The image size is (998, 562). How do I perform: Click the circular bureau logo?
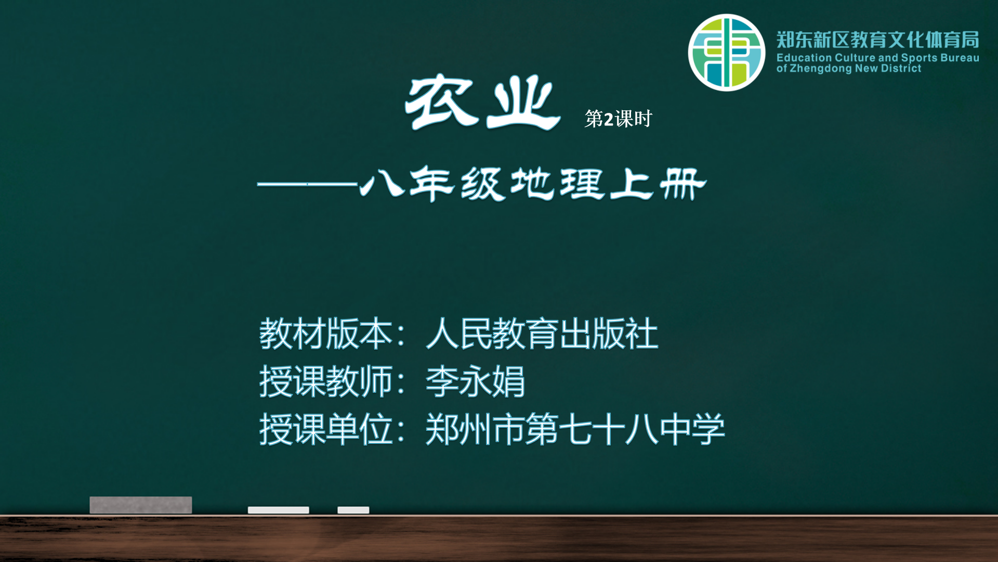click(726, 53)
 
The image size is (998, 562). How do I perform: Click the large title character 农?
click(441, 101)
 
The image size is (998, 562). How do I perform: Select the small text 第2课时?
click(618, 119)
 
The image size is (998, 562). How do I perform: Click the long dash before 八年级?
click(308, 184)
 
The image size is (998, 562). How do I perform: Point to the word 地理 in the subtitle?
click(557, 184)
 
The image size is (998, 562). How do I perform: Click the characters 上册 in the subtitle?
click(658, 184)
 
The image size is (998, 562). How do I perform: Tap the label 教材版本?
click(326, 334)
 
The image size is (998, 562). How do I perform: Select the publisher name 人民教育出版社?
click(542, 334)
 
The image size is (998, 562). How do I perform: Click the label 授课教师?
click(326, 381)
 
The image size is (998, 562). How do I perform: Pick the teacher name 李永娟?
click(475, 381)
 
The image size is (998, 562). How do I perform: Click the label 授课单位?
click(326, 429)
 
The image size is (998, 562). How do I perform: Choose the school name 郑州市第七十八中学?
click(575, 429)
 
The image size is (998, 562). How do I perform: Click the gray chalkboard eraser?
click(140, 505)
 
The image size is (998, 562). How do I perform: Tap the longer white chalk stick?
click(278, 510)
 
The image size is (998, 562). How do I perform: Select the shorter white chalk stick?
click(353, 510)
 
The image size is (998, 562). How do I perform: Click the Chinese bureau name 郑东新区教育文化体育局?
click(877, 40)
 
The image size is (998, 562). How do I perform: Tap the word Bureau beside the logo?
click(960, 58)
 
